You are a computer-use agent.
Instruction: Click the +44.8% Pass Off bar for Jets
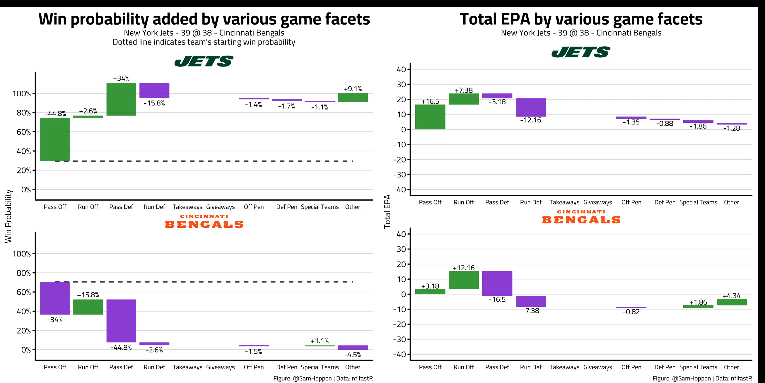coord(55,140)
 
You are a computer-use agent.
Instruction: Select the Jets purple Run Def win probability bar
coord(154,90)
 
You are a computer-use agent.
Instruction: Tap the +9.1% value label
coord(353,89)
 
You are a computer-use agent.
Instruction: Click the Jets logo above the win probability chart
coord(204,61)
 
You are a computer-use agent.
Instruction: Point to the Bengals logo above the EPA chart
coord(581,217)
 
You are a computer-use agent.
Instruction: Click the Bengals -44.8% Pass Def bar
coord(121,321)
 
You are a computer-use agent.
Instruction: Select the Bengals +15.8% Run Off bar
coord(88,307)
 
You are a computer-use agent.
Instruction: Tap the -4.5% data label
coord(353,355)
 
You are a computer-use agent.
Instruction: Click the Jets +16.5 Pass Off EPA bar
coord(430,117)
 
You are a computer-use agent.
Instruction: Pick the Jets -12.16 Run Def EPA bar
coord(530,107)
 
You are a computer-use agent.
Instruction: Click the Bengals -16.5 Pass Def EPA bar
coord(497,283)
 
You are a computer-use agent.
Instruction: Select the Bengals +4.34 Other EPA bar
coord(731,302)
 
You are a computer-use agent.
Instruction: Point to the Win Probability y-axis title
coord(8,216)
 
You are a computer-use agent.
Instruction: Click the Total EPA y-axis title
coord(387,211)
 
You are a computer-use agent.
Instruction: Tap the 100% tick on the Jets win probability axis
coord(21,94)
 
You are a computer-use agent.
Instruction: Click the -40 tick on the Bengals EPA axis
coord(399,354)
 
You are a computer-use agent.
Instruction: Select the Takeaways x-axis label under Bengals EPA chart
coord(564,367)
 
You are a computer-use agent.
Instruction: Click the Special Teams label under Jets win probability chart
coord(320,207)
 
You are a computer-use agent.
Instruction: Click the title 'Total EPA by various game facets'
coord(581,19)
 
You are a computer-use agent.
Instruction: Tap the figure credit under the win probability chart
coord(323,378)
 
